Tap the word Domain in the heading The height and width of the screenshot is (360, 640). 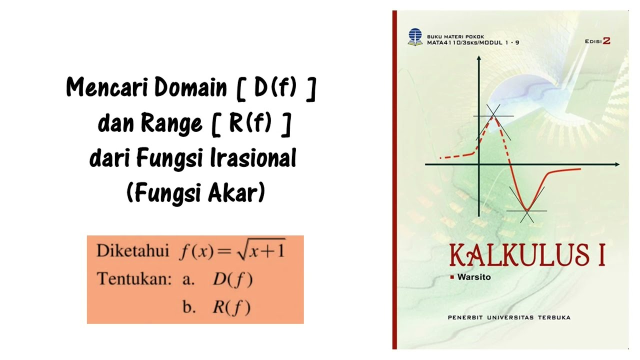pos(190,88)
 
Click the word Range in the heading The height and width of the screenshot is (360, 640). pos(171,123)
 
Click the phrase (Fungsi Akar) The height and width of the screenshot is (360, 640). pos(195,193)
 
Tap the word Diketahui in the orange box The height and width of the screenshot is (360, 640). pos(132,250)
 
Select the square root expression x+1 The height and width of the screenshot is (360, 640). pos(260,249)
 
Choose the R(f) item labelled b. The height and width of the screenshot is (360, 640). pos(231,307)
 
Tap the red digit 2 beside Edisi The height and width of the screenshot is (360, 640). pos(606,41)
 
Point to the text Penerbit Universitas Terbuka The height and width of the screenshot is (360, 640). pos(509,317)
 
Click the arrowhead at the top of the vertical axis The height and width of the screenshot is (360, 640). pos(479,59)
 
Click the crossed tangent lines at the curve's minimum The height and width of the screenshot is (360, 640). pos(526,210)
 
